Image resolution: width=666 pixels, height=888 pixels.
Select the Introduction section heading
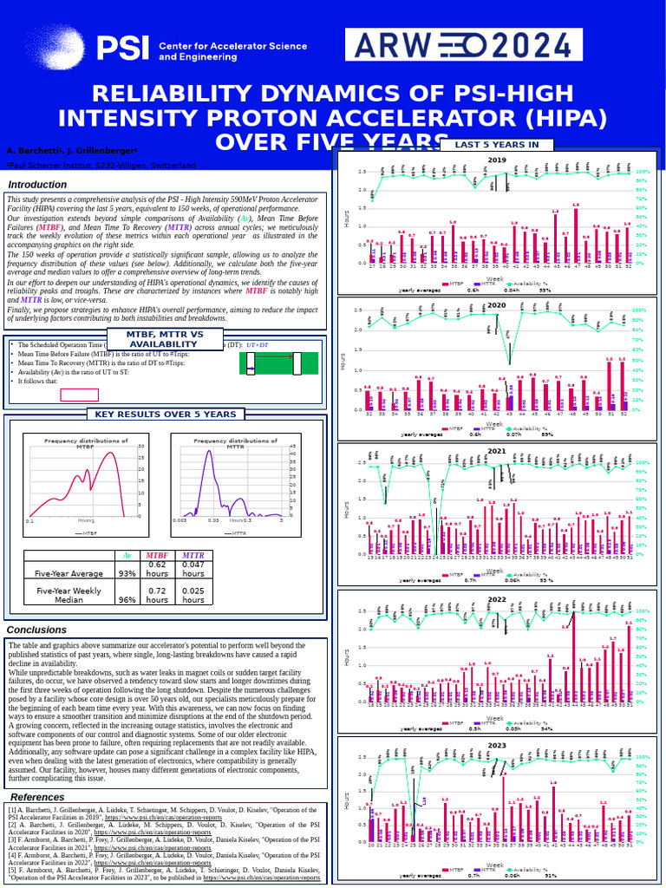(x=37, y=185)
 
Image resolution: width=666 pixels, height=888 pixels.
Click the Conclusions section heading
(x=36, y=630)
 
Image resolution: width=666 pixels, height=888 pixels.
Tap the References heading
(x=37, y=797)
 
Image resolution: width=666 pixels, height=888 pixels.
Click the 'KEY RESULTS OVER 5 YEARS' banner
(x=165, y=415)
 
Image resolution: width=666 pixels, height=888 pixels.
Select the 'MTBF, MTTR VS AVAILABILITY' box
(x=166, y=339)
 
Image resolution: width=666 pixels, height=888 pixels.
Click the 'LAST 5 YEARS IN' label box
(x=497, y=145)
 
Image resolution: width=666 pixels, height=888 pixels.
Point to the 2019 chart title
(x=497, y=160)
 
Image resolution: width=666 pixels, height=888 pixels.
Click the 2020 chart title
(x=497, y=305)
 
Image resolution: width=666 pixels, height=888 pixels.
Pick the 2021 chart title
(x=497, y=452)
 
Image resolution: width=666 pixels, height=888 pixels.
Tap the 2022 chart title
(x=497, y=599)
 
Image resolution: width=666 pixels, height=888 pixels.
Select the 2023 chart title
(x=497, y=746)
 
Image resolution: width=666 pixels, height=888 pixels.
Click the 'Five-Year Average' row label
(x=68, y=573)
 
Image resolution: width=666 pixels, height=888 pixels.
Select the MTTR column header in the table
(x=193, y=556)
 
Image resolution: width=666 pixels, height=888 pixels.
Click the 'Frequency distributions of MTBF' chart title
(x=86, y=443)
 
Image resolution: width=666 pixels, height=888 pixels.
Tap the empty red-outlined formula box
(x=79, y=395)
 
